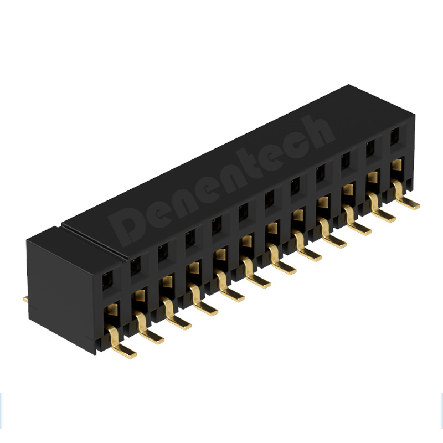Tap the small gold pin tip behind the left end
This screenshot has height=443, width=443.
(25, 300)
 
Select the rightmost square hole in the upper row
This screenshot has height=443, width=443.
(395, 137)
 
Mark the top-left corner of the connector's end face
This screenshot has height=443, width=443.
(28, 238)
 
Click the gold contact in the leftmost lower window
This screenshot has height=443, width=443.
(112, 311)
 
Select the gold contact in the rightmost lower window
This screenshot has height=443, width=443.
(396, 164)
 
